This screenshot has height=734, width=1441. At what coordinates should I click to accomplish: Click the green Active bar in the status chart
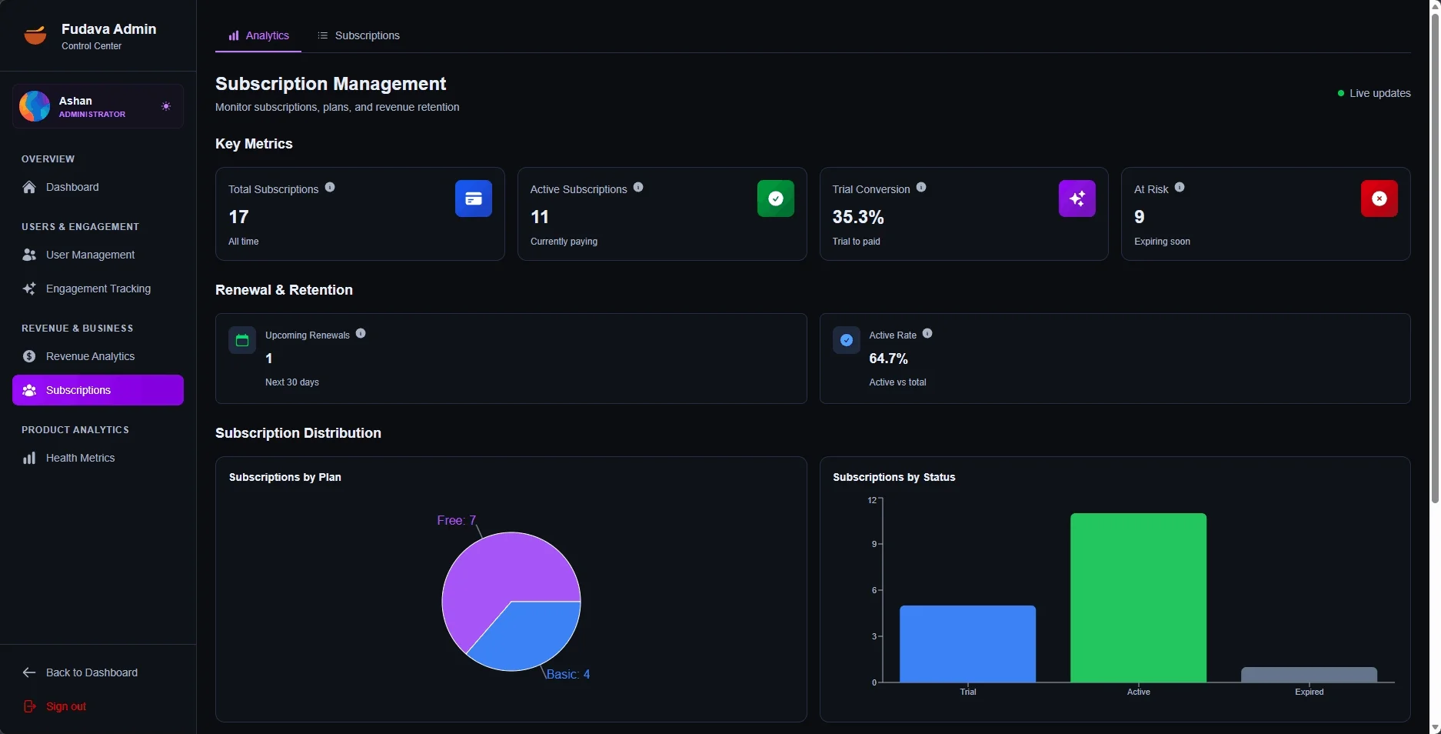click(1138, 598)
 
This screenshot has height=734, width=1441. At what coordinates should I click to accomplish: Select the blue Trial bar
click(967, 644)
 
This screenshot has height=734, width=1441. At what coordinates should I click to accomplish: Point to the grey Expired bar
click(1309, 675)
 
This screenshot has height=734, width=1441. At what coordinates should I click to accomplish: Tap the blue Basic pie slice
click(531, 635)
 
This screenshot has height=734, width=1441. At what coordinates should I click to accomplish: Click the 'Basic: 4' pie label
click(568, 675)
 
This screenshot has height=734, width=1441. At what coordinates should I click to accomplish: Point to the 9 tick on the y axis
click(874, 544)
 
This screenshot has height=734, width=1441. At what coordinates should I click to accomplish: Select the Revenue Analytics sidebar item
click(90, 356)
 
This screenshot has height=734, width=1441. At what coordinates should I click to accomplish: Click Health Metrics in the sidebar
click(80, 458)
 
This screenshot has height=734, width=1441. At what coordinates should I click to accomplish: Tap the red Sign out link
click(65, 706)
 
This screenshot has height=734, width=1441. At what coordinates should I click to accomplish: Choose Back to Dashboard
click(92, 672)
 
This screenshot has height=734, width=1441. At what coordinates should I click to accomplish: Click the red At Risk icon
click(1379, 199)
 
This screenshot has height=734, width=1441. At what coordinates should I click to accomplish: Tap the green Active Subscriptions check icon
click(775, 199)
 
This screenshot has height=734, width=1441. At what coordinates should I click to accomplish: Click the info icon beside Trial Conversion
click(921, 188)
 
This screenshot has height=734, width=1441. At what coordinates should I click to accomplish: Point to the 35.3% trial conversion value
click(858, 217)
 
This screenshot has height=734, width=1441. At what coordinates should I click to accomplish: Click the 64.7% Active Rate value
click(888, 359)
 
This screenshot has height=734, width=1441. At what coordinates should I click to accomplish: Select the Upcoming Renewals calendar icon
click(242, 340)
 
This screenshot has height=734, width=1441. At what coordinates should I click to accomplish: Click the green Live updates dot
click(1341, 93)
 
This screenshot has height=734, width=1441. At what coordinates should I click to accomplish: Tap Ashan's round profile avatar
click(35, 106)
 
